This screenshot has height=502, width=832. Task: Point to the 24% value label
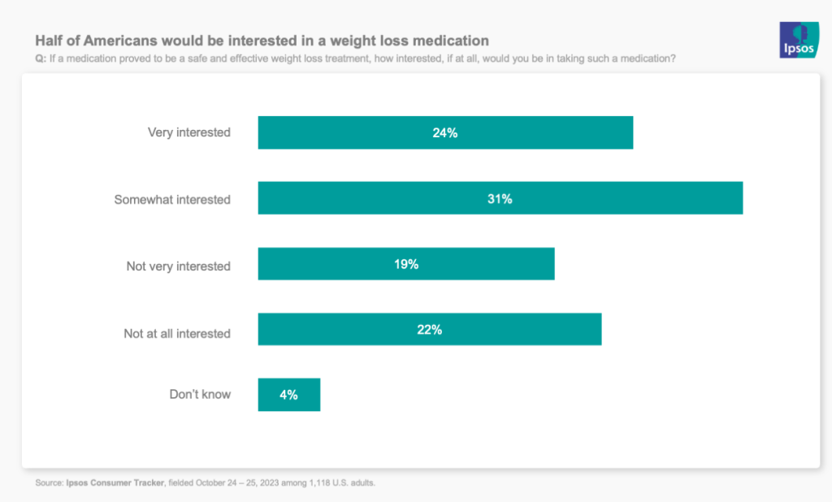point(445,132)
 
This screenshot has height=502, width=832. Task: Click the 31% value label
point(500,198)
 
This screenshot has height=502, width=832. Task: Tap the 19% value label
point(406,264)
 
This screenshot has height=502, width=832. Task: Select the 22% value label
point(430,329)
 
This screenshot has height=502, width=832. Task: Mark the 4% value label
point(288,395)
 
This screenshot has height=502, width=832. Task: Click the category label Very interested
point(188,132)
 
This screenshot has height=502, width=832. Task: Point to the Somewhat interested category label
point(172,199)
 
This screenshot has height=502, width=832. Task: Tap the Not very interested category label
point(178,266)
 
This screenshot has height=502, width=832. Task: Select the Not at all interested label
point(177,333)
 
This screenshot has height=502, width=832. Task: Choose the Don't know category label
point(200,394)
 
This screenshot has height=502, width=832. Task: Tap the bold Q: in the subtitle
point(41,58)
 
